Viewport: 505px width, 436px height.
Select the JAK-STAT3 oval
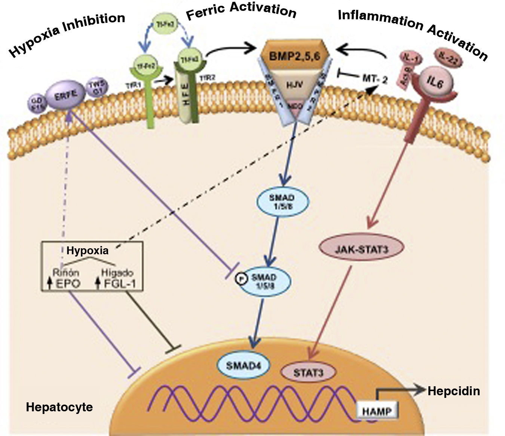pyautogui.click(x=361, y=249)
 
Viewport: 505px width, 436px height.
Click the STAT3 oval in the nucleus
pyautogui.click(x=308, y=372)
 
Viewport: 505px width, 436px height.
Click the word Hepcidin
pyautogui.click(x=453, y=391)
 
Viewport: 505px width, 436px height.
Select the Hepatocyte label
pyautogui.click(x=59, y=407)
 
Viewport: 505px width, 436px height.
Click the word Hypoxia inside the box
pyautogui.click(x=88, y=250)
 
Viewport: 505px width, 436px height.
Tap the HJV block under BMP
pyautogui.click(x=294, y=85)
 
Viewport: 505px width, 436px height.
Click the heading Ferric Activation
pyautogui.click(x=241, y=10)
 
